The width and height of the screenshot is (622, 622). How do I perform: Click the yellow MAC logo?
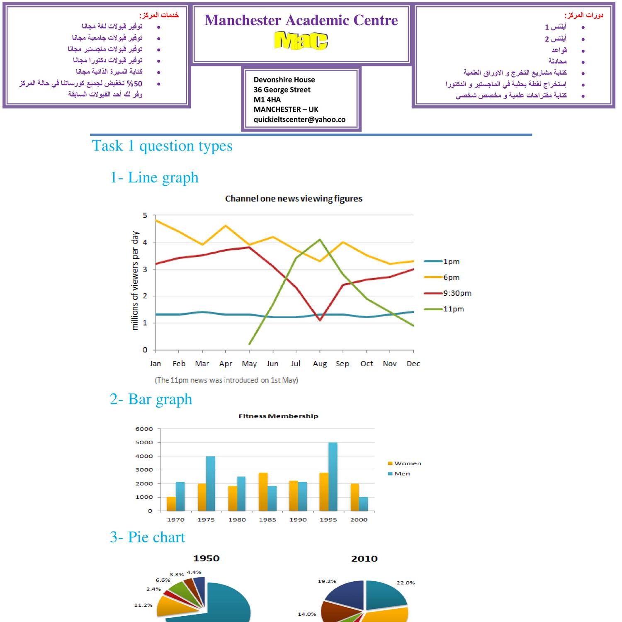[301, 41]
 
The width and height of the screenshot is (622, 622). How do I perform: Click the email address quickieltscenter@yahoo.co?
[299, 119]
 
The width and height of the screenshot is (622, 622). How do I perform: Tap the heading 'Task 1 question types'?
[162, 146]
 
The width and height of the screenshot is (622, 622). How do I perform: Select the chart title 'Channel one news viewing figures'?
[294, 199]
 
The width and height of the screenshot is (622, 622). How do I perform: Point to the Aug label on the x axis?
[320, 364]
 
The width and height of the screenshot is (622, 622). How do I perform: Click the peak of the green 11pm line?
[320, 239]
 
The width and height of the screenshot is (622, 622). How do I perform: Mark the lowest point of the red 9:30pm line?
[320, 320]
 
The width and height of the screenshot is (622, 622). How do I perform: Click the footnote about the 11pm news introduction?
[226, 380]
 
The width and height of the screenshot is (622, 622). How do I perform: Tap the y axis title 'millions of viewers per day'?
[135, 281]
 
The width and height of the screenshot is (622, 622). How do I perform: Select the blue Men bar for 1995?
[333, 476]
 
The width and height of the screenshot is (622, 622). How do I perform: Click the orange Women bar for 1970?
[171, 503]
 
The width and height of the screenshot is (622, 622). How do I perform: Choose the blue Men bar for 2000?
[363, 503]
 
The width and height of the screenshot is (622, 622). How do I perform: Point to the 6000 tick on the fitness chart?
[144, 429]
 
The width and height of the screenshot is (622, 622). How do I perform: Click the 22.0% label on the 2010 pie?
[405, 583]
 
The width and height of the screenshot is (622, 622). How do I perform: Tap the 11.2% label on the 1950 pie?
[143, 605]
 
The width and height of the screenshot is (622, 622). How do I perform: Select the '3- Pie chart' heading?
[148, 537]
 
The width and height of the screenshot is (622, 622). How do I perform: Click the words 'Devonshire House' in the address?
[284, 80]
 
